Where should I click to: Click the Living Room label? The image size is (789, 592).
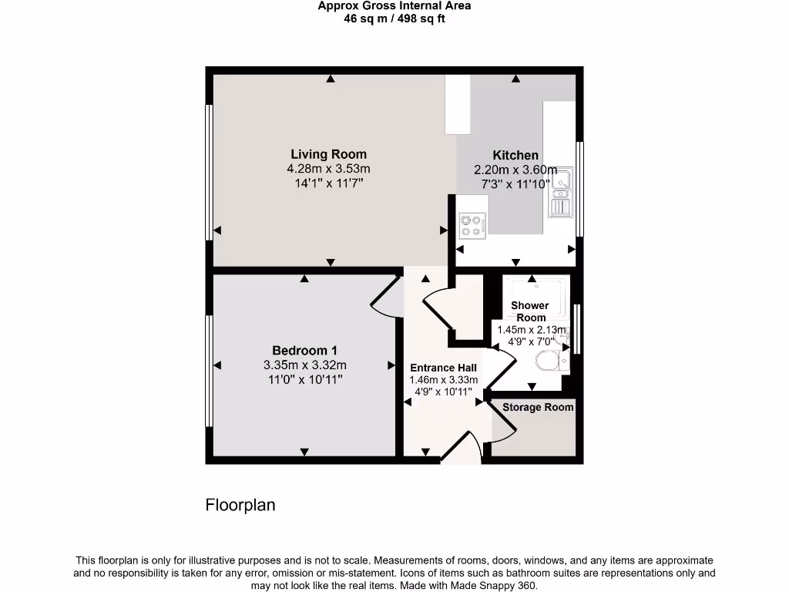[x=328, y=154]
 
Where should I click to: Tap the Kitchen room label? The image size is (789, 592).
[x=515, y=155]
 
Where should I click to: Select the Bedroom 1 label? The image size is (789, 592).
[x=304, y=350]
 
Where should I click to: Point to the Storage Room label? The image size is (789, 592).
[x=538, y=407]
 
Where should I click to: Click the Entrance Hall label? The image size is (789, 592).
[x=443, y=368]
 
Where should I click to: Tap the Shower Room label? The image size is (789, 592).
[x=530, y=311]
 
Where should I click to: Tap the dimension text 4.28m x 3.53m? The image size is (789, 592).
[x=328, y=169]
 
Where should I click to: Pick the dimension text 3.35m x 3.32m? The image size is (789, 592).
[x=304, y=365]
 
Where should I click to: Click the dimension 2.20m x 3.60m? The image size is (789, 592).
[x=515, y=170]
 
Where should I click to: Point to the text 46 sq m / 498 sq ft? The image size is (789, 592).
[x=394, y=18]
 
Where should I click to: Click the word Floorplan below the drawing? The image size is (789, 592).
[x=240, y=506]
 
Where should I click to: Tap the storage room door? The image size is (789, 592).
[x=502, y=422]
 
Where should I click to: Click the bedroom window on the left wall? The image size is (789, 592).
[x=208, y=370]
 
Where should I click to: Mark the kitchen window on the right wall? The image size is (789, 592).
[x=581, y=189]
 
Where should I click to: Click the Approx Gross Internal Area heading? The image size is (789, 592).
[x=394, y=6]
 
